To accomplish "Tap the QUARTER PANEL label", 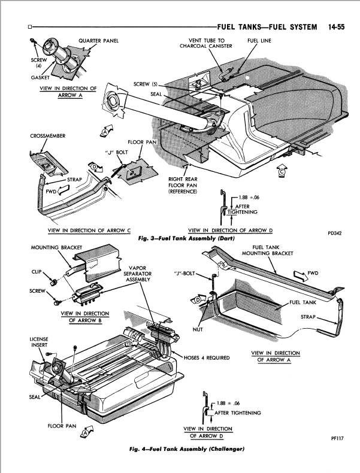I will pyautogui.click(x=98, y=41).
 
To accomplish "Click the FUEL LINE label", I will pyautogui.click(x=258, y=41).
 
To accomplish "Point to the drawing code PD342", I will pyautogui.click(x=335, y=234).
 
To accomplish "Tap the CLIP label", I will pyautogui.click(x=35, y=271).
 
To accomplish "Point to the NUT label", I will pyautogui.click(x=198, y=329).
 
